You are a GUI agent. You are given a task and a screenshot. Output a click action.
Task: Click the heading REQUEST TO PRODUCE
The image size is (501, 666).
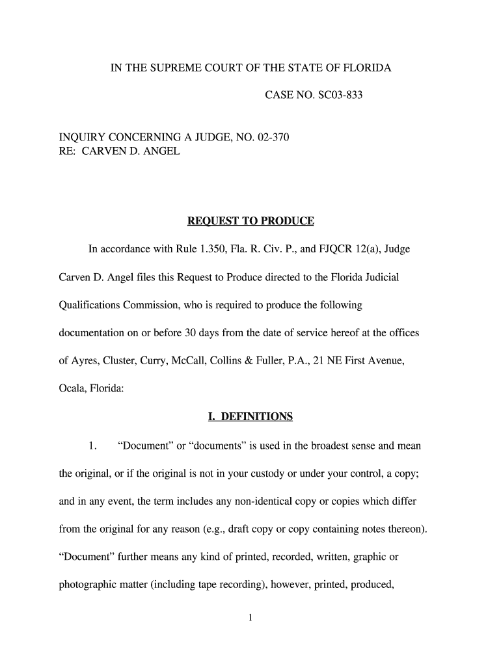251,222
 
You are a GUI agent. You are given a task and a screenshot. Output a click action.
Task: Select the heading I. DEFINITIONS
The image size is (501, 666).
251,417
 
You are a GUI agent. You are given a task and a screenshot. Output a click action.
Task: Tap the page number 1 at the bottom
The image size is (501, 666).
250,619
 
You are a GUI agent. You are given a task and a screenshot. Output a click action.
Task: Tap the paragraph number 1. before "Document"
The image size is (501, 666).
93,446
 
